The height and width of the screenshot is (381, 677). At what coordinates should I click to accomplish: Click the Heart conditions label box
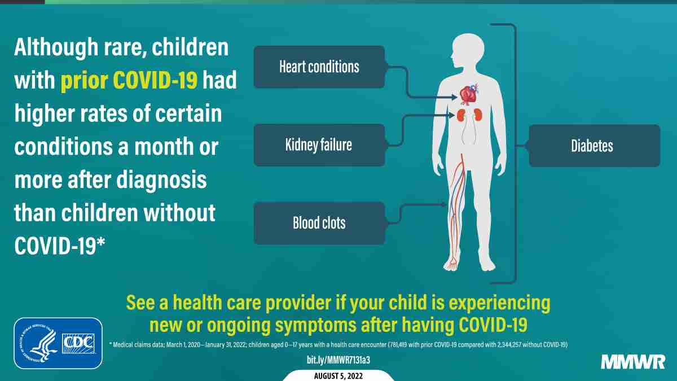point(319,67)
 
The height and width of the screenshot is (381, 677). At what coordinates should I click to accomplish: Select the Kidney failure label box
point(319,145)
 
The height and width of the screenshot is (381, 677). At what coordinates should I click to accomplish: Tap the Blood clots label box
point(319,223)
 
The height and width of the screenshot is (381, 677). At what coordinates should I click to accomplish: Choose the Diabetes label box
point(594,146)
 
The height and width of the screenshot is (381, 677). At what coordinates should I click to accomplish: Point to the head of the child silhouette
point(468,50)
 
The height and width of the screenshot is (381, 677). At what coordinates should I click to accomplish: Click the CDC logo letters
point(78,343)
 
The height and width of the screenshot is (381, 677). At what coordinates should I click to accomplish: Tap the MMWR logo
point(633,362)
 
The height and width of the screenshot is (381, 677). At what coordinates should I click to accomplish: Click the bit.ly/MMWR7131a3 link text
point(338,360)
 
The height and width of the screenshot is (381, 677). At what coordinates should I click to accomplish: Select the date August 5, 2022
point(338,376)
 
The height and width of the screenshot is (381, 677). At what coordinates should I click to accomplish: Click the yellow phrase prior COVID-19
point(129,81)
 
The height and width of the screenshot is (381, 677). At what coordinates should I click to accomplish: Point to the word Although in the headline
point(56,48)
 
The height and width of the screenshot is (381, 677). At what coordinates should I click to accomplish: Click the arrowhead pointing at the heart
point(454,97)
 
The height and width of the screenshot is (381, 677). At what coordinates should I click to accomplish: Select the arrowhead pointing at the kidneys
point(452,115)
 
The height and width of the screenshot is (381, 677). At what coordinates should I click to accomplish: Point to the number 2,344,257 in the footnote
point(509,345)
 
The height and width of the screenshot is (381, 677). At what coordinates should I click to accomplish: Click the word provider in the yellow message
point(298,303)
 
